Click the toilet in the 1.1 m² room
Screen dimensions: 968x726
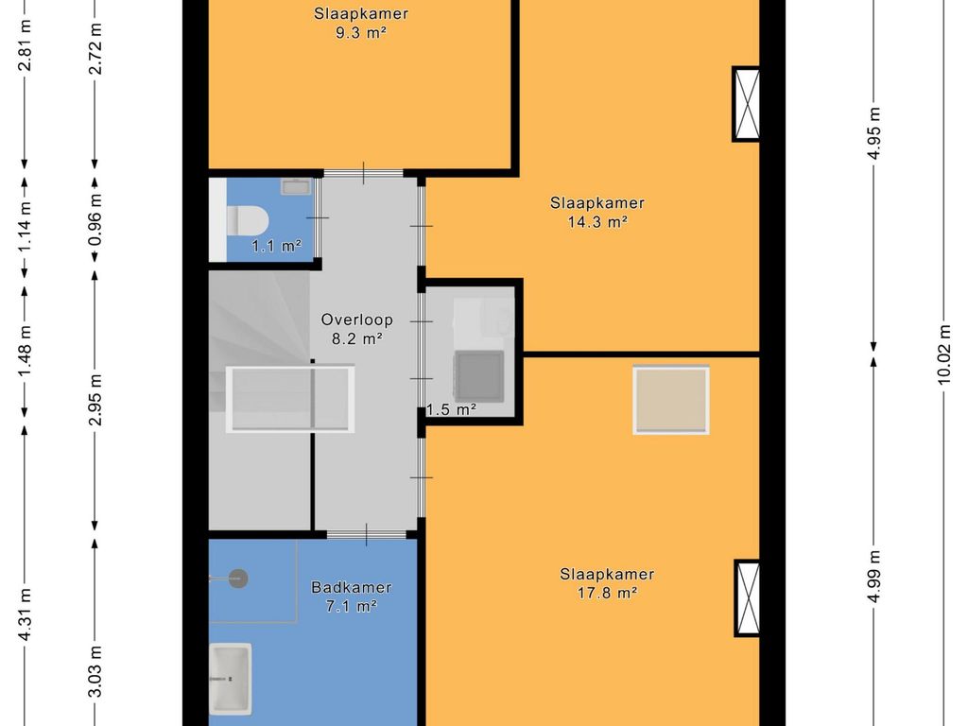pos(248,220)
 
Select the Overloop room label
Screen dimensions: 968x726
pos(356,320)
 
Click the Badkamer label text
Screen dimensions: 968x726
pos(352,587)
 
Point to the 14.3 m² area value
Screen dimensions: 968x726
pos(597,222)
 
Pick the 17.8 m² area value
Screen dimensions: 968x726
pos(607,594)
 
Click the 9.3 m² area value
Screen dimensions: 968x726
pos(360,33)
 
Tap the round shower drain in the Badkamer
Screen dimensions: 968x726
pos(238,579)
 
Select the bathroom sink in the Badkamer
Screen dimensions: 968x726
pos(231,679)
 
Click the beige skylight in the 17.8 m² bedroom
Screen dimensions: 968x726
pos(671,400)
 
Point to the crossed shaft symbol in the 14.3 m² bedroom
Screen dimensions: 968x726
pos(747,104)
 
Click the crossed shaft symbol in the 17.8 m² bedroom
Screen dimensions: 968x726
pos(747,598)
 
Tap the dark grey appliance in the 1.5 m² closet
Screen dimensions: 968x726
pos(478,375)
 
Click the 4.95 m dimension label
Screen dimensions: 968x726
pos(873,133)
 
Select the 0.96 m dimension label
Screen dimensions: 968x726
pos(95,219)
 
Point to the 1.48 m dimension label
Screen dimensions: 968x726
pos(25,349)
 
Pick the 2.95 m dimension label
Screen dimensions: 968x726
pos(95,400)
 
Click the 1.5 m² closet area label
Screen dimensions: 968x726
pos(451,409)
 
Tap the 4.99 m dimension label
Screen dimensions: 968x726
pos(873,577)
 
